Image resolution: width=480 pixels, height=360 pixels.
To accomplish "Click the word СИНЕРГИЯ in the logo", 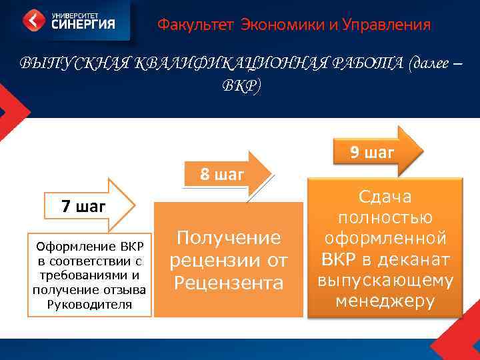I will (x=82, y=25).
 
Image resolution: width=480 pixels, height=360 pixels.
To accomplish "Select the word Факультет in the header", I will (x=186, y=25).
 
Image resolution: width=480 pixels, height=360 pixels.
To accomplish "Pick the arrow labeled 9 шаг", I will (x=374, y=152).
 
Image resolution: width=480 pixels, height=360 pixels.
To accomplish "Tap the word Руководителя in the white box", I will (x=91, y=304).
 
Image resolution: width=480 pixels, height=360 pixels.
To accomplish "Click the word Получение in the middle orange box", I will (x=226, y=237).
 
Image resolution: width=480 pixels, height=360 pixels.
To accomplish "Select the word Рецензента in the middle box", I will (x=226, y=284).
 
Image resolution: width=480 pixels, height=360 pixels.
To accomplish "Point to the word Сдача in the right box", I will (x=385, y=197).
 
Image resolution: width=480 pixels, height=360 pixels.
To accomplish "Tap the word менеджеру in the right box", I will (x=385, y=301).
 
